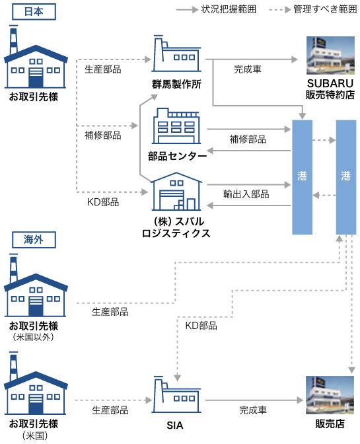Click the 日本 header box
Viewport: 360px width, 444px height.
tap(34, 12)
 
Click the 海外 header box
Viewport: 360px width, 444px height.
tap(34, 240)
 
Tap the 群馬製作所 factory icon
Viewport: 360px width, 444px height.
tap(176, 54)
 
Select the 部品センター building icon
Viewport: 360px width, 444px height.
tap(176, 126)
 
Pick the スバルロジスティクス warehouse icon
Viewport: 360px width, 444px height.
tap(176, 192)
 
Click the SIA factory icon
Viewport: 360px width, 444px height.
tap(176, 394)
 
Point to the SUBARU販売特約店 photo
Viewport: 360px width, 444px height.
tap(330, 55)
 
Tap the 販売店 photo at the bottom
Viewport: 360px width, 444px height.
tap(330, 395)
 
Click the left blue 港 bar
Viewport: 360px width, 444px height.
tap(303, 177)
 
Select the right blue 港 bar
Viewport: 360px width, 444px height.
tap(346, 177)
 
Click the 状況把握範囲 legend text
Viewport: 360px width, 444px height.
tap(229, 9)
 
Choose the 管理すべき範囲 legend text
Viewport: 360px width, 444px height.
tap(325, 9)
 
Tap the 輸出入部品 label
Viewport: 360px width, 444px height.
tap(246, 194)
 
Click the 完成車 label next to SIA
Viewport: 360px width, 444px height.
tap(253, 410)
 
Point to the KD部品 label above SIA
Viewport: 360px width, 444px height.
tap(201, 326)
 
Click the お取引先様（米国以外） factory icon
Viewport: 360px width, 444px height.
tap(36, 285)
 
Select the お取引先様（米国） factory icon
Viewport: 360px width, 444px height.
tap(36, 383)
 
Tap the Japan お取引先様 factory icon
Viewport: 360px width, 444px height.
tap(36, 57)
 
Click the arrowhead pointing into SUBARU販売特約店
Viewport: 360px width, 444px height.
tap(295, 59)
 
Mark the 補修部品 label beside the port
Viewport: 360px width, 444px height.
tap(248, 139)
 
